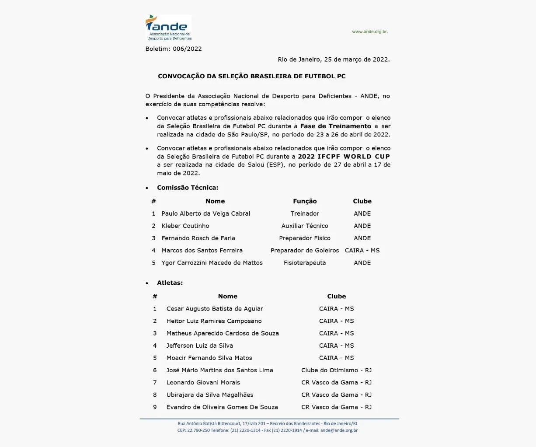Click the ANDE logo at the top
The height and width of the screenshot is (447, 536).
(x=168, y=28)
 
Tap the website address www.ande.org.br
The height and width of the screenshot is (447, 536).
(x=370, y=31)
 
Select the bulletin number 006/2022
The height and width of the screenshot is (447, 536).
(x=187, y=49)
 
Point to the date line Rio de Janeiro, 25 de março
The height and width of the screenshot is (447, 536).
(x=334, y=59)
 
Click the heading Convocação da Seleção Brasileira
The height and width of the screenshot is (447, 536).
(x=252, y=76)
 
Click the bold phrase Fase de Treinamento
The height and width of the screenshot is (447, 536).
(x=336, y=126)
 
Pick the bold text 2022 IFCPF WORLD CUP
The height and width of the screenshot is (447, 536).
(x=344, y=156)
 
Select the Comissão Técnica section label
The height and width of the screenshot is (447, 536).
(x=188, y=188)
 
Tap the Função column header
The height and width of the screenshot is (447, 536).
(x=305, y=201)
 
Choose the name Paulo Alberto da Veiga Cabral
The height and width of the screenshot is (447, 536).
(x=206, y=213)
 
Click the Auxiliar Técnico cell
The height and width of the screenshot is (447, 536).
(x=305, y=226)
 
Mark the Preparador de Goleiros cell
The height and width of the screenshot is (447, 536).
(x=305, y=251)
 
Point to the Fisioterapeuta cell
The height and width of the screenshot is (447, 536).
(x=305, y=263)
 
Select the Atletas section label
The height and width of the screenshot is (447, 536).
(x=170, y=283)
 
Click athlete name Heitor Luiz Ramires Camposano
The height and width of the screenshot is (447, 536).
(x=214, y=321)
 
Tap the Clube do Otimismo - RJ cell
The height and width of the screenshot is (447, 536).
(x=336, y=370)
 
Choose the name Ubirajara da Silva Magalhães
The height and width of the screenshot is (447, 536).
(x=210, y=395)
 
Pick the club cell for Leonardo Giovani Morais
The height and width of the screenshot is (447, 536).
(x=336, y=382)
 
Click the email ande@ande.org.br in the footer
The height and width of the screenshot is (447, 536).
(x=339, y=430)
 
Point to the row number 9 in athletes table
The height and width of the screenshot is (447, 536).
(x=155, y=407)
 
